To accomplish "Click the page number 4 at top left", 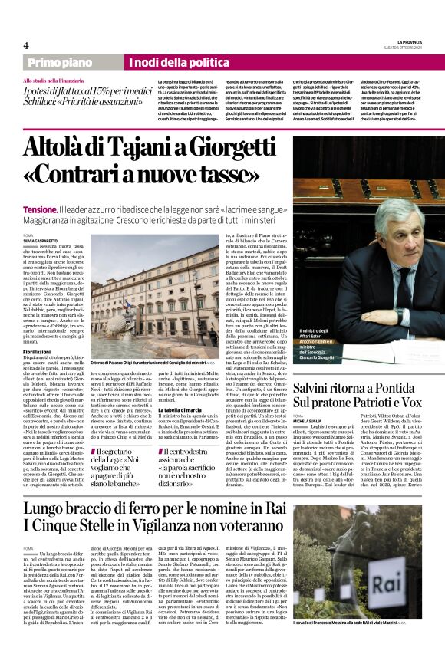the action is pyautogui.click(x=26, y=45).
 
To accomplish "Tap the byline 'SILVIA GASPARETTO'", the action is pyautogui.click(x=39, y=242).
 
